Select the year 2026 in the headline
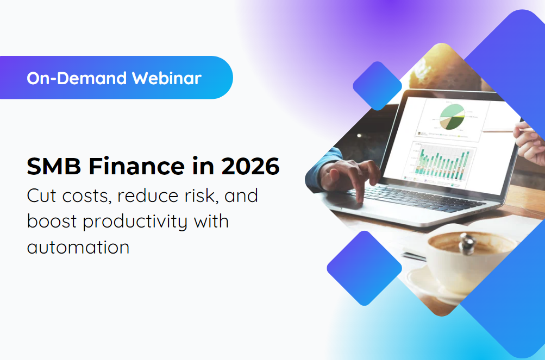250,166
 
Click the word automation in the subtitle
78,248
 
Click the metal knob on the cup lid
466,240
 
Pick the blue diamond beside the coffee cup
356,268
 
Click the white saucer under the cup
429,282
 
